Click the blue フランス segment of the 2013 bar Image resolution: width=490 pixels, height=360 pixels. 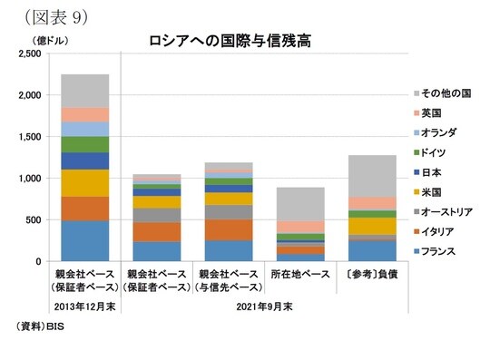(x=84, y=240)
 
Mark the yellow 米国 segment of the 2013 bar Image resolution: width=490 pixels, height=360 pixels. (x=84, y=183)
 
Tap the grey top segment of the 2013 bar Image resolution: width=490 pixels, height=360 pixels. (x=84, y=91)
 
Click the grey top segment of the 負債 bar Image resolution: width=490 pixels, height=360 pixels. (x=371, y=176)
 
